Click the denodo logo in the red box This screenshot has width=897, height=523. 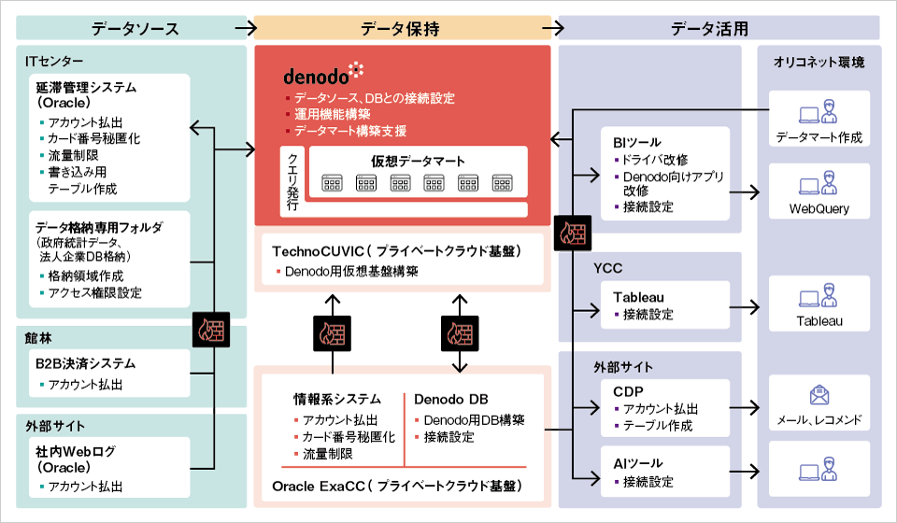(x=323, y=72)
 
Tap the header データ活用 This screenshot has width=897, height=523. (x=710, y=28)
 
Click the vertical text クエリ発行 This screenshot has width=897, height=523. (x=292, y=181)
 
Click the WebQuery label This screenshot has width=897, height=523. (x=819, y=209)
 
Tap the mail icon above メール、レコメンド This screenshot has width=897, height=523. (x=819, y=396)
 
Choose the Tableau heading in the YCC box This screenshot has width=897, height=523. (x=638, y=297)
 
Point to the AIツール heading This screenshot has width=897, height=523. (x=633, y=464)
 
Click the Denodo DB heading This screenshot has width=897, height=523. (x=450, y=401)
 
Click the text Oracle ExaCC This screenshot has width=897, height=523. (x=314, y=487)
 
